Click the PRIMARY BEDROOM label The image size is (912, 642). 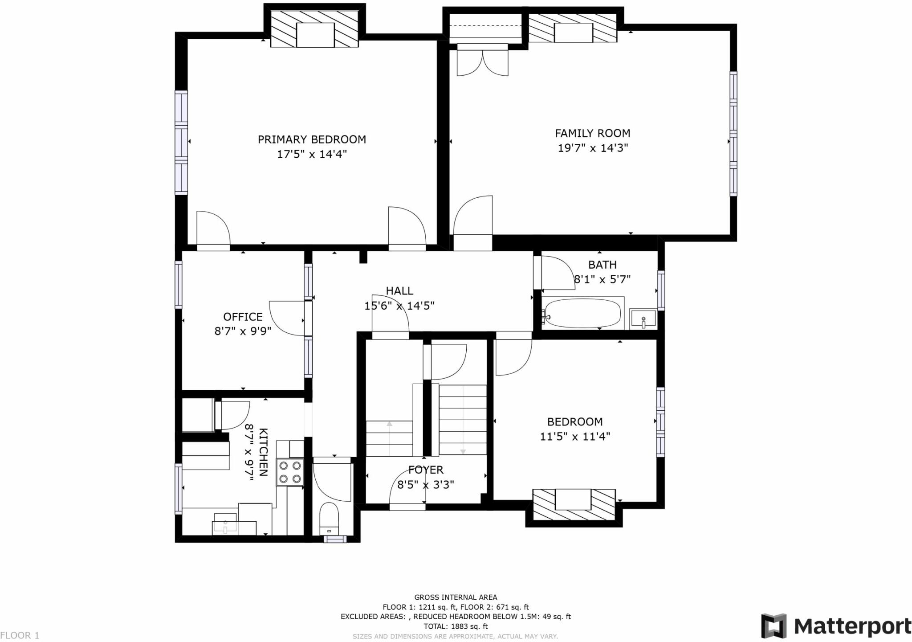coord(312,139)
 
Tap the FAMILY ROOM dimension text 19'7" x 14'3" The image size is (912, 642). coord(593,148)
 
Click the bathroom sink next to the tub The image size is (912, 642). coord(643,319)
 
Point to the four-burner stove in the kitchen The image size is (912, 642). coord(290,472)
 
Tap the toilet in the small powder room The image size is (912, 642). coord(329,519)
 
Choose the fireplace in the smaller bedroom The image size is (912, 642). coord(574,504)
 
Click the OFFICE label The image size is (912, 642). coord(243,317)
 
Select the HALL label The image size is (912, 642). coord(399,291)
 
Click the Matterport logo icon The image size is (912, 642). coord(774,626)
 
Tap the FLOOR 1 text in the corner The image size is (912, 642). coord(20,635)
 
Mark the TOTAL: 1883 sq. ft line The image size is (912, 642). coord(456,626)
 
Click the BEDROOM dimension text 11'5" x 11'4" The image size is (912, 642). coord(575,437)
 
